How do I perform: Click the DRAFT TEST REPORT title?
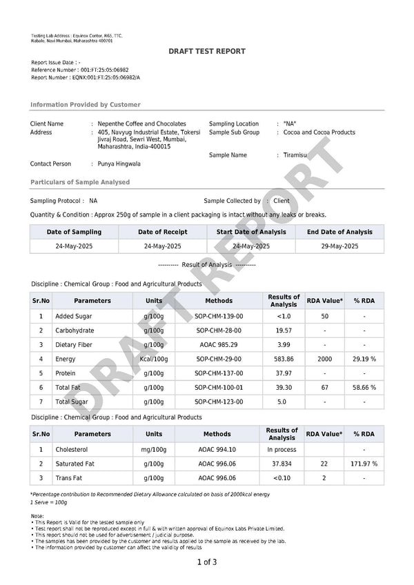point(207,52)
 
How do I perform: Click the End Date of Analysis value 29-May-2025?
point(340,246)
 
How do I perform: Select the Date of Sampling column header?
point(74,232)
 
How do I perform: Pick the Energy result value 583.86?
point(284,359)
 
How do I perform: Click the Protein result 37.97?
point(284,373)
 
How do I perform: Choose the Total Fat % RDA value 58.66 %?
point(364,388)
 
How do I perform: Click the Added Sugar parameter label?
point(75,316)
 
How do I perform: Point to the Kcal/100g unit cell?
point(154,359)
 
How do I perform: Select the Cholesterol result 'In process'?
point(282,449)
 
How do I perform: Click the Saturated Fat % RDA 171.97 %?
point(364,464)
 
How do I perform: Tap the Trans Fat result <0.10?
point(282,478)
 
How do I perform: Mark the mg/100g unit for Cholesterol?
point(154,449)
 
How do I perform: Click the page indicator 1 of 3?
point(207,562)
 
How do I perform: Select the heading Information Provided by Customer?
point(85,105)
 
